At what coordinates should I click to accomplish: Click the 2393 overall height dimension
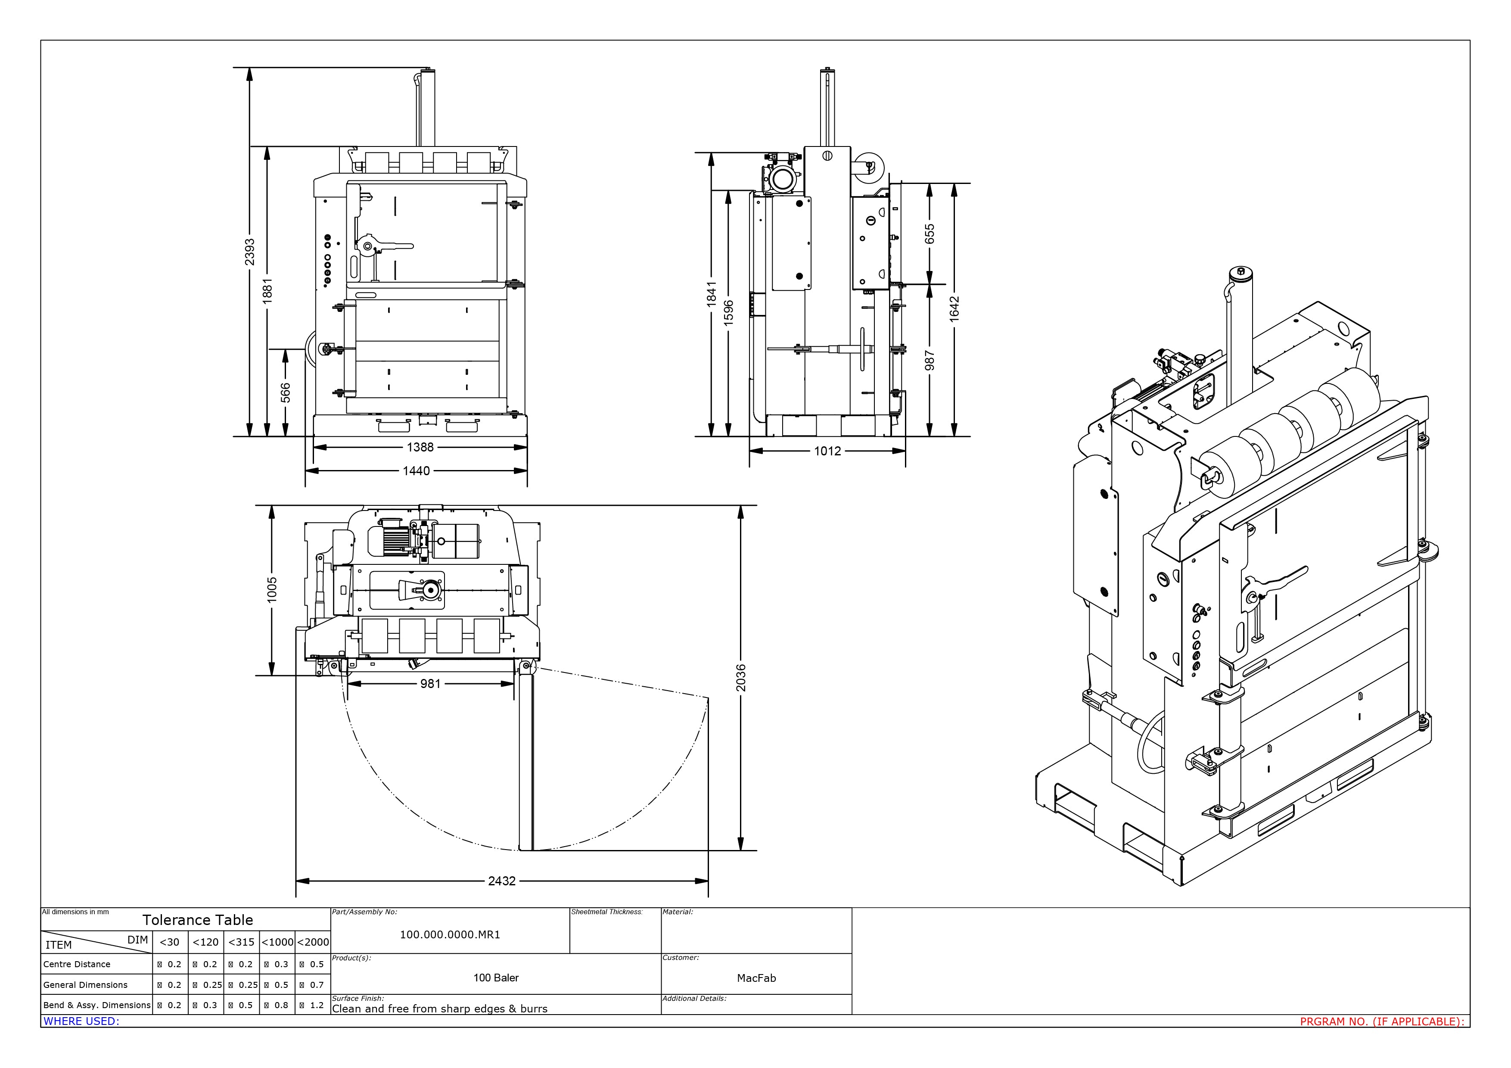click(249, 252)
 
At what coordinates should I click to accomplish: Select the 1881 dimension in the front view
click(267, 291)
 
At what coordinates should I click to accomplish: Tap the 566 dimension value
click(285, 393)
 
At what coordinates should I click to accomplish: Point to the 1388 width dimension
click(420, 448)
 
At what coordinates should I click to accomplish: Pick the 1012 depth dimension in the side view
click(827, 451)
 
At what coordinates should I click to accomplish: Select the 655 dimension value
click(929, 234)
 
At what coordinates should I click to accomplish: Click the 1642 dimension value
click(954, 308)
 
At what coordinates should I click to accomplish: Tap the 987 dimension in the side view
click(929, 361)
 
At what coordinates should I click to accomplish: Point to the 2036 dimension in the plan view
click(741, 678)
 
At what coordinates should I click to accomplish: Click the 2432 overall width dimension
click(501, 881)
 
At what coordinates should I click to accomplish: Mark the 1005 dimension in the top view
click(272, 590)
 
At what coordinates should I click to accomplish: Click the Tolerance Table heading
click(197, 920)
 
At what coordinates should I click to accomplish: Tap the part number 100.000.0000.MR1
click(450, 934)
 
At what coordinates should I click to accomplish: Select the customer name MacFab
click(756, 978)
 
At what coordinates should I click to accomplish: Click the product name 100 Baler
click(495, 978)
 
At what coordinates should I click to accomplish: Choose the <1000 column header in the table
click(277, 942)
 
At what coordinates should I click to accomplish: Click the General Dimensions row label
click(86, 985)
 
